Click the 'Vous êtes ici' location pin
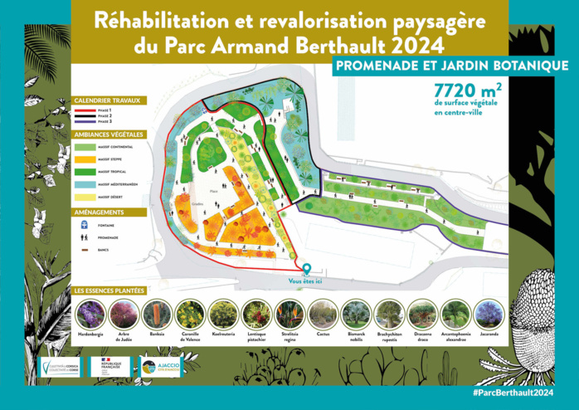click(x=307, y=269)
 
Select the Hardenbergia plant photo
click(x=91, y=314)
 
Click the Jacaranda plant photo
click(x=489, y=314)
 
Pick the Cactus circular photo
click(x=324, y=314)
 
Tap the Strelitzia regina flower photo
click(x=290, y=314)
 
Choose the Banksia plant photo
click(x=158, y=314)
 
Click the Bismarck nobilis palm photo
click(x=357, y=314)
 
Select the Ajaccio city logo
click(x=161, y=366)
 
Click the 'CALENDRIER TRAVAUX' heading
click(x=109, y=100)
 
